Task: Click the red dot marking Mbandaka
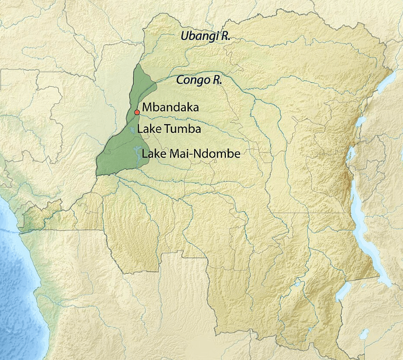[137, 112]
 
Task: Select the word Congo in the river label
[192, 80]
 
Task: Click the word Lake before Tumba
[148, 130]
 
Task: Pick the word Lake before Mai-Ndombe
[153, 154]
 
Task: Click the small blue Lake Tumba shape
[132, 130]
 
